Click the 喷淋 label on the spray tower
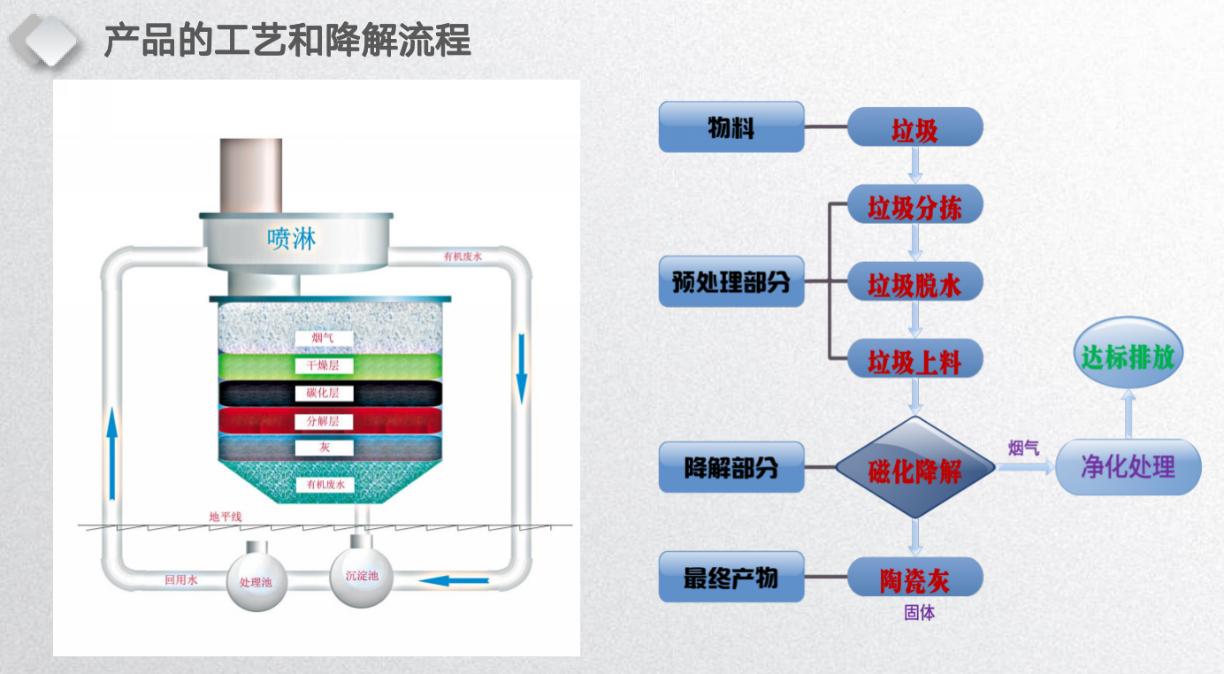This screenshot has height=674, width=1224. click(292, 239)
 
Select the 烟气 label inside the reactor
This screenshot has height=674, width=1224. click(324, 338)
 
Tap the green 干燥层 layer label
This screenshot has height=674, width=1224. click(324, 365)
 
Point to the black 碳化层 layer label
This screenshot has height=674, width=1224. click(324, 393)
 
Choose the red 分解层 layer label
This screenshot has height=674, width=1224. click(324, 421)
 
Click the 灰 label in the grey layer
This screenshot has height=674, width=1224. click(324, 448)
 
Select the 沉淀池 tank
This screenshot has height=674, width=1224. click(360, 576)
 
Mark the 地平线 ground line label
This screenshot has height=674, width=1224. click(225, 517)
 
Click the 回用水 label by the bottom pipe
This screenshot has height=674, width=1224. click(181, 581)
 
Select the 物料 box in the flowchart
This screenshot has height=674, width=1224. click(731, 126)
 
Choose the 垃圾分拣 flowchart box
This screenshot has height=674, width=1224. click(914, 206)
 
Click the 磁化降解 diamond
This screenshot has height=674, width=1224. click(915, 469)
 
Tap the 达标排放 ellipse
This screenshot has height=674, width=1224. click(1128, 356)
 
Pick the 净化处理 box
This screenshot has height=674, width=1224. click(1128, 466)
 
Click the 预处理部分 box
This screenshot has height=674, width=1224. click(731, 282)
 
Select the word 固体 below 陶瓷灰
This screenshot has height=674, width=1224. click(919, 612)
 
